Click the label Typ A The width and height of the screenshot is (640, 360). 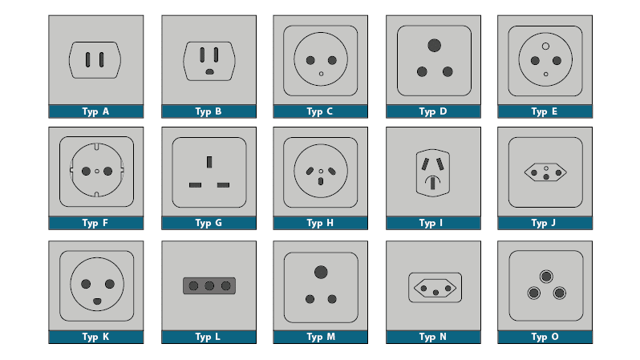pos(95,111)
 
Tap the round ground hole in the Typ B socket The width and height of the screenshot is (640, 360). pos(209,72)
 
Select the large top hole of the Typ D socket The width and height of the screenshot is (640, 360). pos(435,46)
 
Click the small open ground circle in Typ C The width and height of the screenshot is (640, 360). pos(322,74)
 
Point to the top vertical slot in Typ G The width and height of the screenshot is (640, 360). pos(209,162)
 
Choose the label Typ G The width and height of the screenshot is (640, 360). pos(209,223)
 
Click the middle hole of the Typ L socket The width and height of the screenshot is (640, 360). pos(209,285)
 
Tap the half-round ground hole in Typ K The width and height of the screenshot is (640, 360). pos(97,301)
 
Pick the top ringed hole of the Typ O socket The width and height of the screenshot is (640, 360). pos(546,277)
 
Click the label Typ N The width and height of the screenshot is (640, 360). pos(432,337)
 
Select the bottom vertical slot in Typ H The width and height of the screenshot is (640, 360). pos(321,181)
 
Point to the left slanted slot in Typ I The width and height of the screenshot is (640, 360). pos(425,164)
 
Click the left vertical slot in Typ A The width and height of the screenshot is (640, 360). pos(87,59)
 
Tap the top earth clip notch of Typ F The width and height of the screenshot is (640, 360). pos(97,147)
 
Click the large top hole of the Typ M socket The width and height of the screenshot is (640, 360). pos(322,273)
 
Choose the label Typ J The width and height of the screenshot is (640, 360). pos(544,223)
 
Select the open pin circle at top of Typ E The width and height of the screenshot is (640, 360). pos(545,47)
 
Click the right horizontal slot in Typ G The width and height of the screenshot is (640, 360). pos(223,185)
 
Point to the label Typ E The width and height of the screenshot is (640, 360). pos(545,111)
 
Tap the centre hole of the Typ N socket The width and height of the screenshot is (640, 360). pos(436,293)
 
